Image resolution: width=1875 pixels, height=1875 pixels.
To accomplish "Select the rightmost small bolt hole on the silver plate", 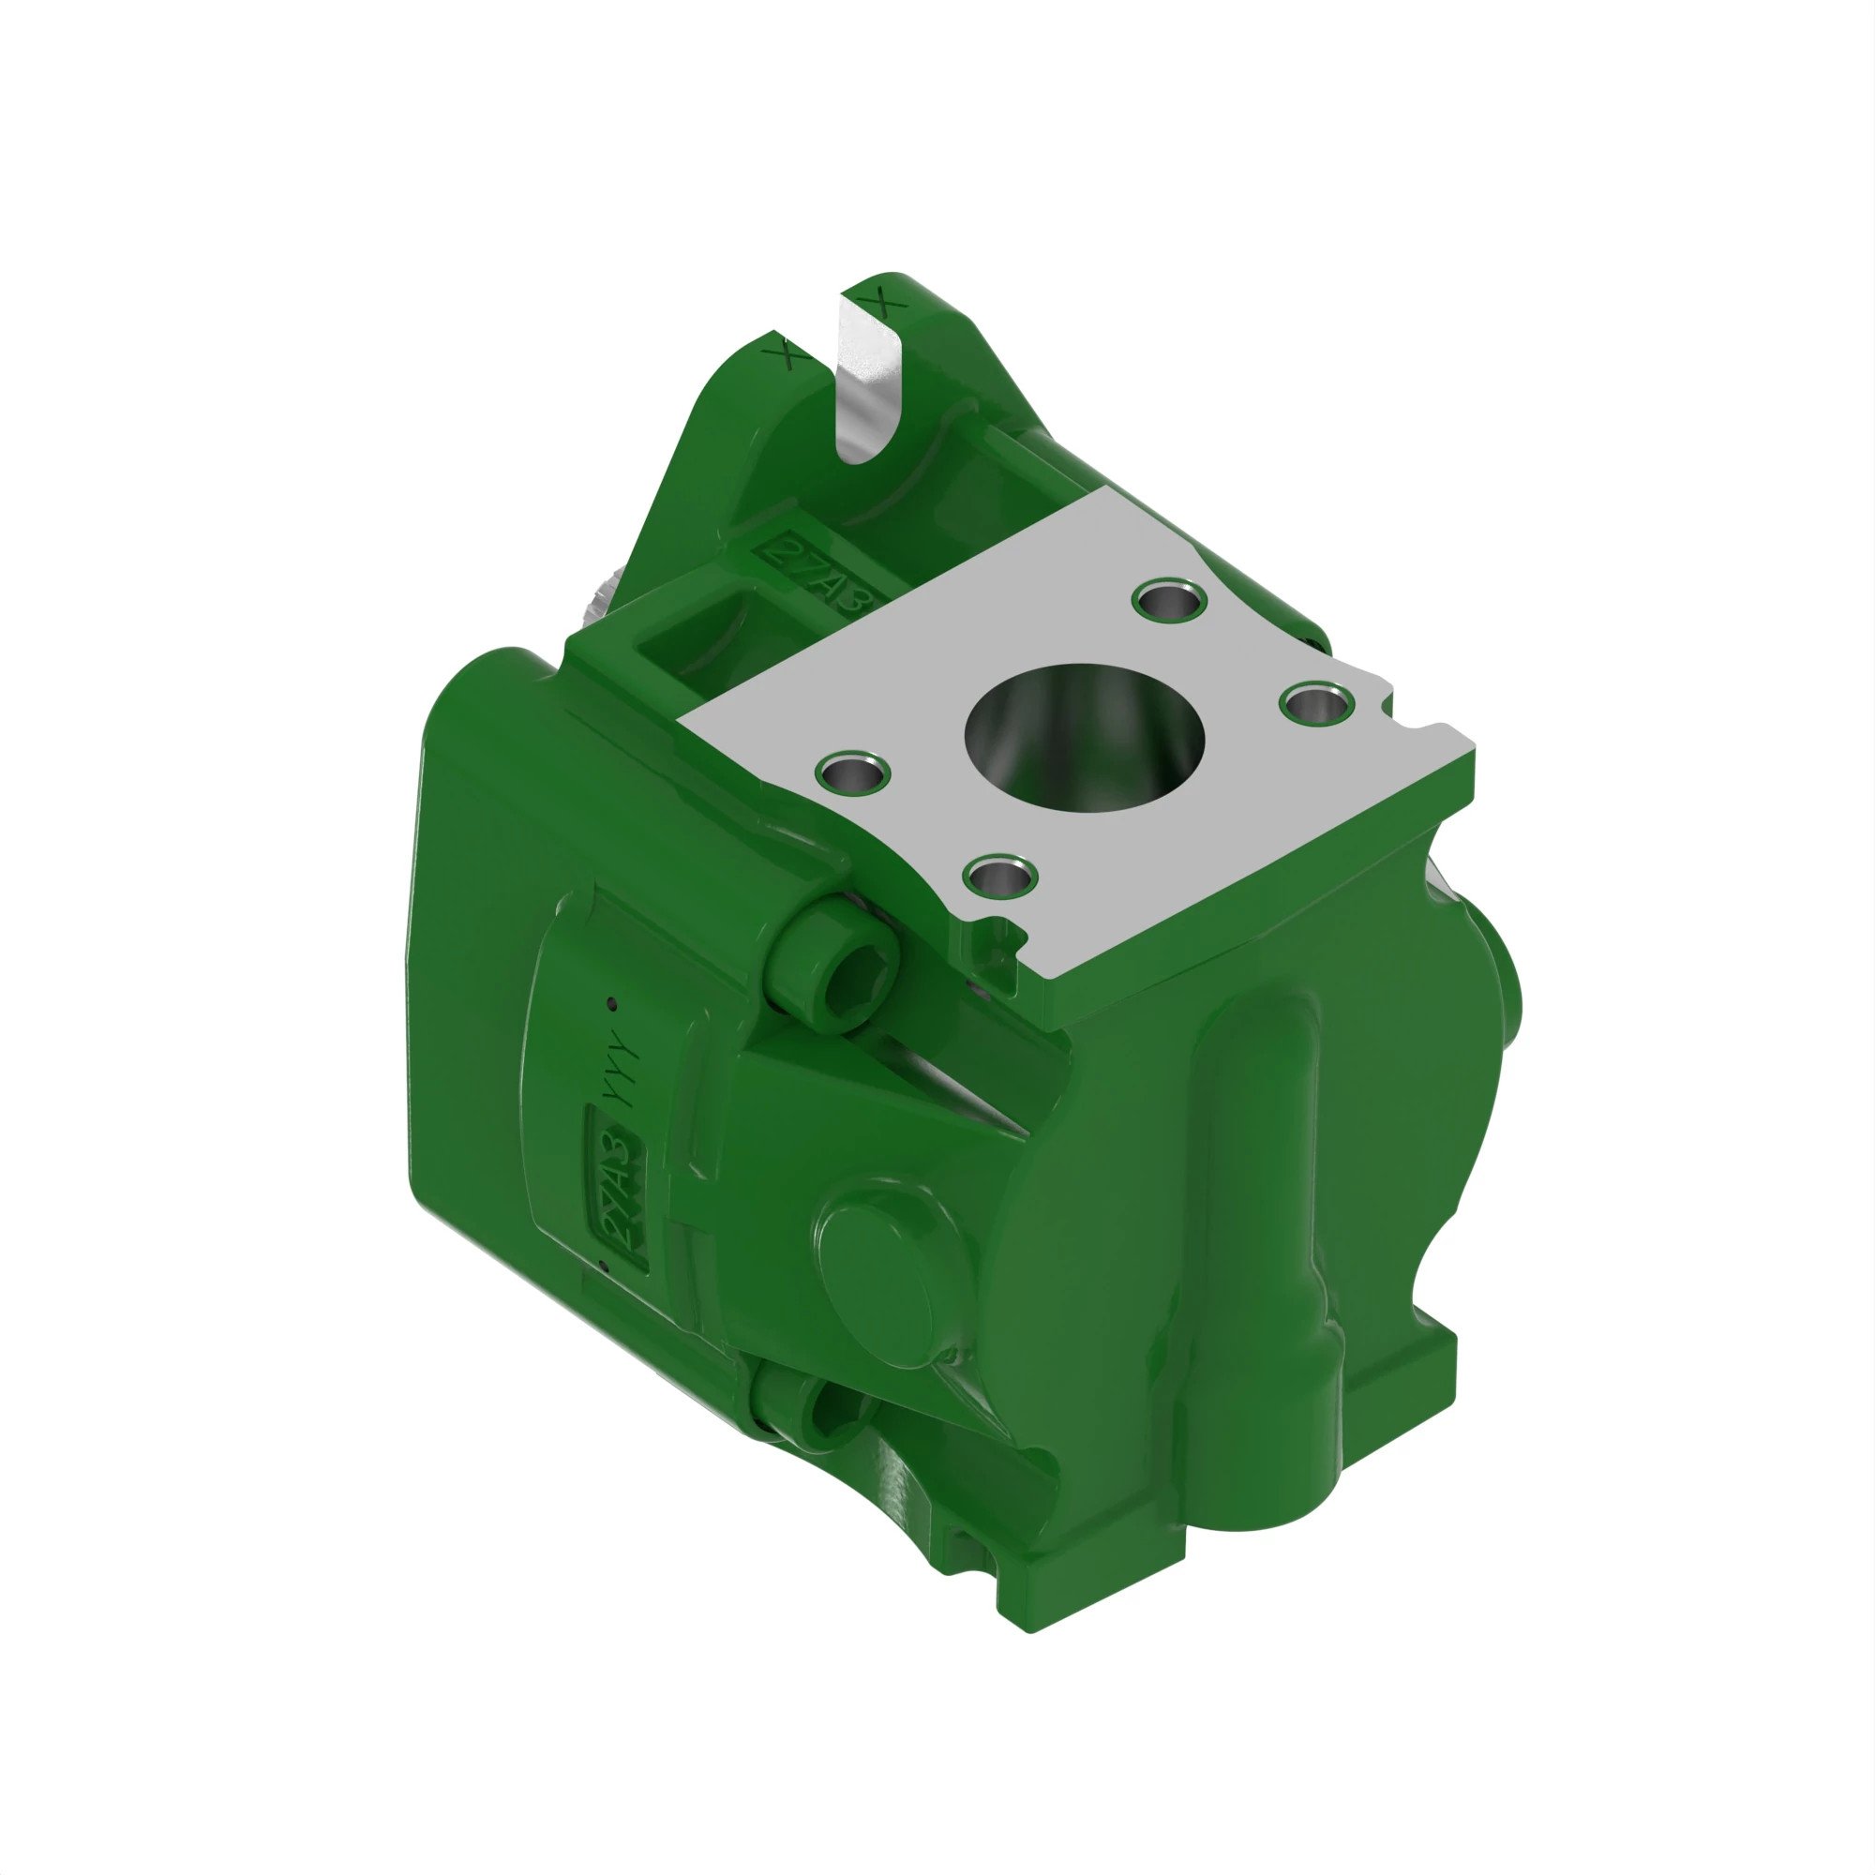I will tap(1316, 700).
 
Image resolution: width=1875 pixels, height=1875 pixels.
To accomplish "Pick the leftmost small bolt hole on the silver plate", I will tap(853, 773).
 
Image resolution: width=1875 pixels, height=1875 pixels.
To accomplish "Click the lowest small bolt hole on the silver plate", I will tap(1000, 877).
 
